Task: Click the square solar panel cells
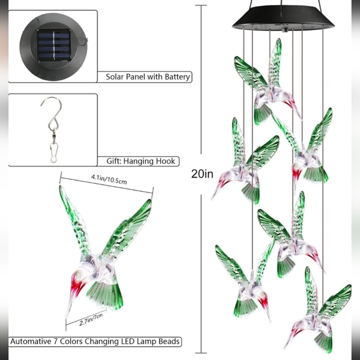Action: coord(54,45)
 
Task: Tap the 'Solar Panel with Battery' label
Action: coord(148,77)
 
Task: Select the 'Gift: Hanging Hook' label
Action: coord(141,161)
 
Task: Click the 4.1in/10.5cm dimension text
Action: coord(109,179)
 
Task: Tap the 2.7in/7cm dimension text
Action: coord(91,320)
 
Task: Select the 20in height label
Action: coord(202,174)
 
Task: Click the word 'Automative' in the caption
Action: coord(31,341)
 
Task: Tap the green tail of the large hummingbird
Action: coord(105,293)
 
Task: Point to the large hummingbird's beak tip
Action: coord(67,317)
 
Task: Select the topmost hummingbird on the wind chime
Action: coord(268,83)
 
